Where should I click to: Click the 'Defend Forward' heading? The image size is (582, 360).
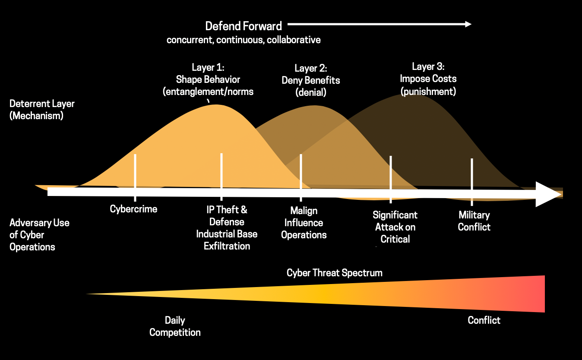[244, 26]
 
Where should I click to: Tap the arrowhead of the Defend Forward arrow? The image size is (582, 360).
[468, 24]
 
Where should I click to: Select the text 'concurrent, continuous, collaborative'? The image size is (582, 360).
[244, 40]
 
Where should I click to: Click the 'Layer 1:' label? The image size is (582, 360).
[208, 67]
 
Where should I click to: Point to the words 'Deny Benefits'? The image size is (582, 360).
[311, 81]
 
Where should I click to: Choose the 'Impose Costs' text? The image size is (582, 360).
[428, 79]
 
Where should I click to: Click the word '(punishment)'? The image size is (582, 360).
[428, 92]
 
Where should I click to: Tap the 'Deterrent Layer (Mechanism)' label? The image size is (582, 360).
[42, 110]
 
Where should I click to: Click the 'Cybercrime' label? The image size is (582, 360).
[133, 209]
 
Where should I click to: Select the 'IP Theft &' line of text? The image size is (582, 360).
[227, 210]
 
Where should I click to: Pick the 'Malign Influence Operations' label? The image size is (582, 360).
[304, 223]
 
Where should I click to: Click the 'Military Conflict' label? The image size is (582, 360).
[474, 221]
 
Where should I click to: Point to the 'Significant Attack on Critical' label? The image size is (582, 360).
[395, 227]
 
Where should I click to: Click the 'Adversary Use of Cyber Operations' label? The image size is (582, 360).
[39, 235]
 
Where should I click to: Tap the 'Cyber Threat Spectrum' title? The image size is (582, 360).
[334, 273]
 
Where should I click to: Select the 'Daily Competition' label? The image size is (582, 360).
[175, 326]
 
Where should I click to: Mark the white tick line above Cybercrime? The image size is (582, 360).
[135, 178]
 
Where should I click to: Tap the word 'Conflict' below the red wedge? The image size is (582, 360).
[484, 321]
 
